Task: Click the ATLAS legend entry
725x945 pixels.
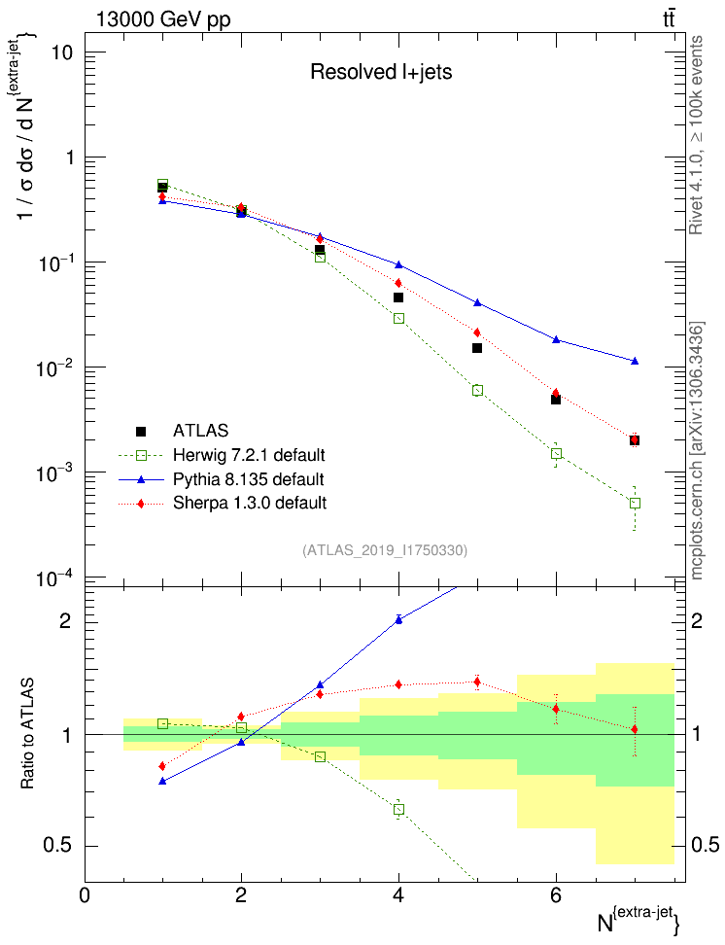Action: pyautogui.click(x=200, y=431)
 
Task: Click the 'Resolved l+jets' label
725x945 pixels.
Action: pyautogui.click(x=381, y=71)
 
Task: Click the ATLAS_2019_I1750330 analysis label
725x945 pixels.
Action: pyautogui.click(x=385, y=550)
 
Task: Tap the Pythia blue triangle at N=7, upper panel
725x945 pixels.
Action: pyautogui.click(x=635, y=361)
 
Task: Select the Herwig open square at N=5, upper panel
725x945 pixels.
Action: pyautogui.click(x=477, y=390)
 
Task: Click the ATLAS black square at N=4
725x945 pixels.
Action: pyautogui.click(x=398, y=297)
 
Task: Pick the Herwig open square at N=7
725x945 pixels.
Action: pyautogui.click(x=635, y=503)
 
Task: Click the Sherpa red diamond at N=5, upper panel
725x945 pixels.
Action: pyautogui.click(x=477, y=332)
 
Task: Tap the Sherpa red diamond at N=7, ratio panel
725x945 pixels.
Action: pyautogui.click(x=635, y=728)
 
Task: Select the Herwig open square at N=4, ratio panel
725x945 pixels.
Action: pyautogui.click(x=398, y=809)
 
